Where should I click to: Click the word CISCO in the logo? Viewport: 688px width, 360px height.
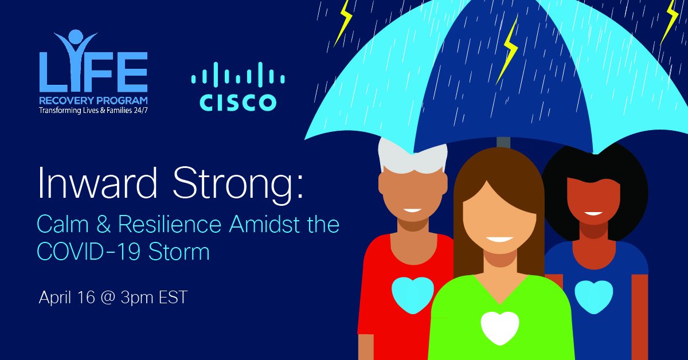(238, 102)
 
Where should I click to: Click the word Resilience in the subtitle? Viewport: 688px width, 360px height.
(167, 225)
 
